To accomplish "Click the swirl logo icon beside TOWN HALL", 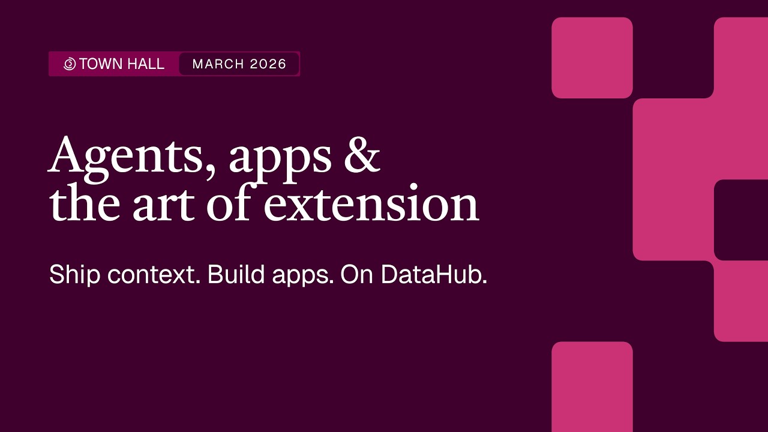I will coord(70,64).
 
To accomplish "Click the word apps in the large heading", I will coord(280,157).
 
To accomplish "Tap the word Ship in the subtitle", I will coord(75,275).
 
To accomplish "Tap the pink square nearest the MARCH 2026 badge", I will coord(592,58).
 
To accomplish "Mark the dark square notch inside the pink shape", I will coord(742,220).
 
